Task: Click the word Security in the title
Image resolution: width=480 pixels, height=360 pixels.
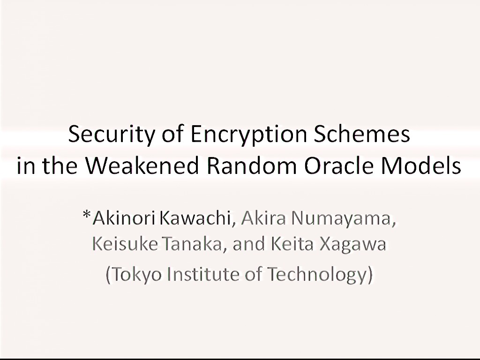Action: [x=111, y=135]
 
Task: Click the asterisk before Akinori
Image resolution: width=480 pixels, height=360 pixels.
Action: [x=87, y=215]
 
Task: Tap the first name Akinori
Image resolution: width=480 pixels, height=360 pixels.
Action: [x=124, y=218]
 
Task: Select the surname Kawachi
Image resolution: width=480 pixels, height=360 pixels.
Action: [x=195, y=218]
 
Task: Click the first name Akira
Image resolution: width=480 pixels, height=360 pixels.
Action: [x=263, y=218]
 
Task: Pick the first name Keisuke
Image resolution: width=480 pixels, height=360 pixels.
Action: [x=125, y=244]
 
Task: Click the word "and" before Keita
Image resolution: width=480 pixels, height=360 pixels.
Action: [x=249, y=244]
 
